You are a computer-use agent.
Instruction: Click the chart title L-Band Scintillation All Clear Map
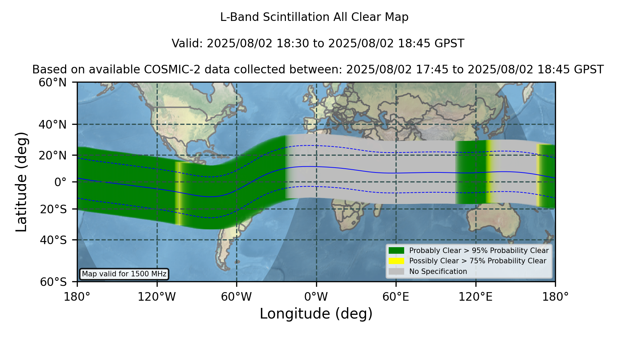click(314, 17)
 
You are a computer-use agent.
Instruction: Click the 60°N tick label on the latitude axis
click(52, 83)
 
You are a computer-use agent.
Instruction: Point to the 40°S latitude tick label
click(53, 240)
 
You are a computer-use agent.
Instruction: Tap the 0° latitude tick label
click(60, 182)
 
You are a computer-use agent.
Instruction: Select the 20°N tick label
click(52, 155)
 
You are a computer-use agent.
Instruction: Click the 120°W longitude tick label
click(157, 297)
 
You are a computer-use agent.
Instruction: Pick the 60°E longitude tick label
click(396, 297)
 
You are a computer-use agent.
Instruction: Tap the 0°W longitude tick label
click(316, 297)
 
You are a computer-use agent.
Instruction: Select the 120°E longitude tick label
click(475, 297)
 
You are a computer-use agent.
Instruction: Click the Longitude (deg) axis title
click(316, 314)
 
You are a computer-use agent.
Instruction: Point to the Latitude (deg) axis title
click(21, 182)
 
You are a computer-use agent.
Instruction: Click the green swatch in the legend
click(396, 251)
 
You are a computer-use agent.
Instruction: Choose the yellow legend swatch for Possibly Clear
click(396, 261)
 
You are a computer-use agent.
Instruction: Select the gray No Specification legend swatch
click(396, 272)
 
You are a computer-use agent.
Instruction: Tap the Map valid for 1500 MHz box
click(124, 274)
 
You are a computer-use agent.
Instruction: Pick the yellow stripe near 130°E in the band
click(488, 171)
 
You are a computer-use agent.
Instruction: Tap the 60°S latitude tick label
click(53, 282)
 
